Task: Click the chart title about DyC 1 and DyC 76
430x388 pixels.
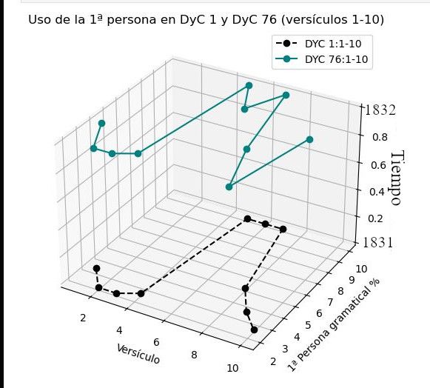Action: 206,20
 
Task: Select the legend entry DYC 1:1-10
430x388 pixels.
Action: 319,44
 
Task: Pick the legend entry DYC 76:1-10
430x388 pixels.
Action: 322,59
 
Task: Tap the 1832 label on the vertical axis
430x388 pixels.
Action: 380,110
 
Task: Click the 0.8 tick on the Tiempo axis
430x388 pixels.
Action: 380,137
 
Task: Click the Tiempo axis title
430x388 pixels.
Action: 397,178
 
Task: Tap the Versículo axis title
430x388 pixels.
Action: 138,354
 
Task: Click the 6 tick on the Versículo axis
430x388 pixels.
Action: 156,342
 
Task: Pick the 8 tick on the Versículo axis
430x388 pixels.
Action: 194,355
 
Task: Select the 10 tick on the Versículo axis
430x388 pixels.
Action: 232,368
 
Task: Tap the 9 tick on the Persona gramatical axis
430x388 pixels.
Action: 352,280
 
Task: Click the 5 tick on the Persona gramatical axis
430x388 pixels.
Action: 308,325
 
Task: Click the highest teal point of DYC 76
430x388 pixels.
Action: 249,86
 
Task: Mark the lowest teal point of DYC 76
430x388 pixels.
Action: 229,187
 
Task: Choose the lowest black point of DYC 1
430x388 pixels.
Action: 254,330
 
